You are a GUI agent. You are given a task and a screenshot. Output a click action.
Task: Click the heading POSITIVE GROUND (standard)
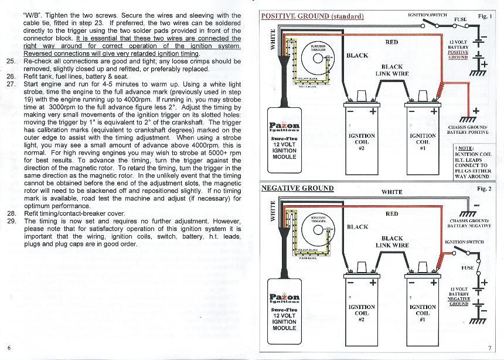click(312, 16)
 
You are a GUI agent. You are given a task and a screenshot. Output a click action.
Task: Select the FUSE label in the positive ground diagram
click(460, 19)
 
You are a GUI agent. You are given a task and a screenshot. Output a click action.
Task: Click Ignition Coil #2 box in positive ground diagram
click(361, 141)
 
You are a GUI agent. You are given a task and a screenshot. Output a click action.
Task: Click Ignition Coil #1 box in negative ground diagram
click(423, 314)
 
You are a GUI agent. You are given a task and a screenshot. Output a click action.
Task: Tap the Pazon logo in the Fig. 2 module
click(285, 298)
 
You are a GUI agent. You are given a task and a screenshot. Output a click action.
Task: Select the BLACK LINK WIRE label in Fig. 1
click(391, 70)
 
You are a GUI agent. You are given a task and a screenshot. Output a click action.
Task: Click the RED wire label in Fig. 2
click(391, 214)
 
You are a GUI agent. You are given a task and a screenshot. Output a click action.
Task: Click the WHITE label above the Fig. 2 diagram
click(391, 192)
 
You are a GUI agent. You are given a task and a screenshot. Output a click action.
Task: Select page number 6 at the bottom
click(9, 348)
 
